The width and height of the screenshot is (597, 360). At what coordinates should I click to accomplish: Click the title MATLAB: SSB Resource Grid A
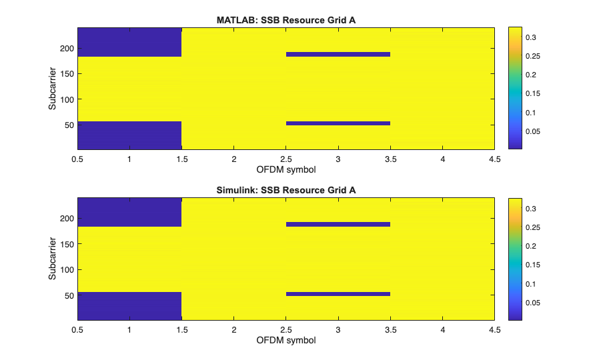[286, 19]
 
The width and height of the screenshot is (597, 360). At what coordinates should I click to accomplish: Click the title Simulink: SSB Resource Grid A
[286, 190]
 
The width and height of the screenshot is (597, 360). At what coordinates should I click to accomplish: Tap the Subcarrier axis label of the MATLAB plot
[52, 89]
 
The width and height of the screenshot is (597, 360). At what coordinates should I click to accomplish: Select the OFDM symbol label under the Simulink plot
[286, 340]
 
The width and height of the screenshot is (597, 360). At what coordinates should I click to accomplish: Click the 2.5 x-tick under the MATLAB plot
[286, 160]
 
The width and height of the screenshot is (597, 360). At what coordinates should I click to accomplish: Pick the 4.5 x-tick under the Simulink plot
[494, 330]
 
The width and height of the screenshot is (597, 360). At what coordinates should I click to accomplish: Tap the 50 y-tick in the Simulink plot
[67, 295]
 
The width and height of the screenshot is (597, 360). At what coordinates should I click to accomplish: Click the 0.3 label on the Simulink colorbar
[531, 209]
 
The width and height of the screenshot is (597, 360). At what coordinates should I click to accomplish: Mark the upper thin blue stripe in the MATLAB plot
[338, 55]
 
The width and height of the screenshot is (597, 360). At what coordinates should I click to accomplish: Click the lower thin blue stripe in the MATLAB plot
[338, 123]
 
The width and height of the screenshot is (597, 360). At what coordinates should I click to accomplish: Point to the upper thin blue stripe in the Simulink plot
[338, 225]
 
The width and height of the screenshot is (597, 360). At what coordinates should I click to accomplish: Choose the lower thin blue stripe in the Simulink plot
[338, 294]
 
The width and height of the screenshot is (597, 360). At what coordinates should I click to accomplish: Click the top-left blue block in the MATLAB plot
[129, 42]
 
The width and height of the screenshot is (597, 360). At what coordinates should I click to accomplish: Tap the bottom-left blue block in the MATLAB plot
[129, 135]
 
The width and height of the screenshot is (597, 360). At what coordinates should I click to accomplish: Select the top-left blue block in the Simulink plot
[129, 213]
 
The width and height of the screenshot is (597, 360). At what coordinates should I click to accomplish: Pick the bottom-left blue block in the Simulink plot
[129, 306]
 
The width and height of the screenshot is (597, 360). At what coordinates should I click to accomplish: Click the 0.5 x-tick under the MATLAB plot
[77, 160]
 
